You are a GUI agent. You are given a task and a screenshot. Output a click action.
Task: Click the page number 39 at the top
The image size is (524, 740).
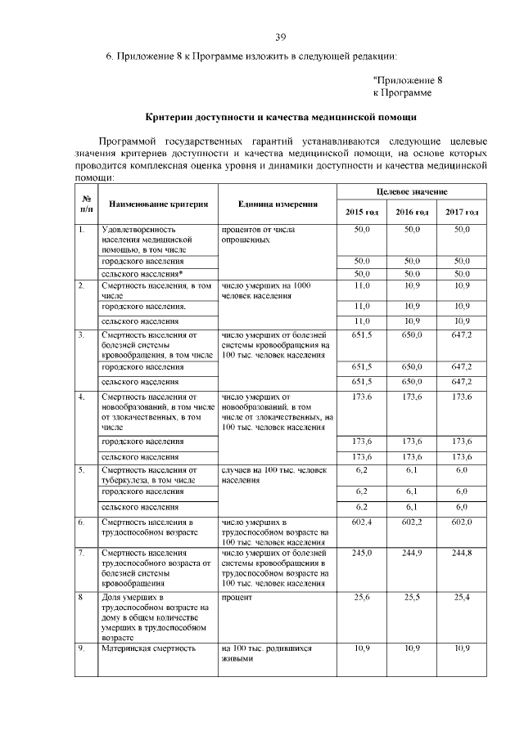280,37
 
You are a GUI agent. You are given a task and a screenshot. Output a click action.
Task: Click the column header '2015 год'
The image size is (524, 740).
362,213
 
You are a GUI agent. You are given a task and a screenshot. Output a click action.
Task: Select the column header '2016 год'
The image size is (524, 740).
412,213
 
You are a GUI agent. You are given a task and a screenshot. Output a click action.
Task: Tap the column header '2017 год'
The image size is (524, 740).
462,213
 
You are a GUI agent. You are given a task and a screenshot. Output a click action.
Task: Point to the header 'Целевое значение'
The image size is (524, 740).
412,191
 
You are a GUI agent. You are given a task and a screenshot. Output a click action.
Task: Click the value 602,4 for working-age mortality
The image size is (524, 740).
362,522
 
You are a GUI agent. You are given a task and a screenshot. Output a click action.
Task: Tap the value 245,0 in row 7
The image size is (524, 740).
362,554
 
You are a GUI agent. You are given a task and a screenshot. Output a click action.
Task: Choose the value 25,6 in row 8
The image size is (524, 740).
362,598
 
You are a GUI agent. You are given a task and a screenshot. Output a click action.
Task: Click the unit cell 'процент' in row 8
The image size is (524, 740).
237,598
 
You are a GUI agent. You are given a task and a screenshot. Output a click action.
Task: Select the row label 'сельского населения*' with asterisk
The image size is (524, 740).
142,272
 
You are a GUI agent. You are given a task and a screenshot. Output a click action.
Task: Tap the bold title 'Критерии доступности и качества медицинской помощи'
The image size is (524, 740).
280,117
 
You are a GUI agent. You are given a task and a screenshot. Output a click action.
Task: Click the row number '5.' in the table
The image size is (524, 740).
81,470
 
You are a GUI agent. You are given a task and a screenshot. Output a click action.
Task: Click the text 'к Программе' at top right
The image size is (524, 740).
402,93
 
